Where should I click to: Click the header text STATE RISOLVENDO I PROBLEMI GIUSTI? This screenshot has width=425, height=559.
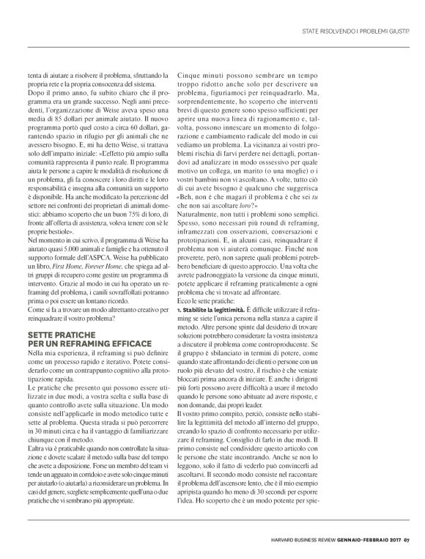[x=357, y=32]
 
